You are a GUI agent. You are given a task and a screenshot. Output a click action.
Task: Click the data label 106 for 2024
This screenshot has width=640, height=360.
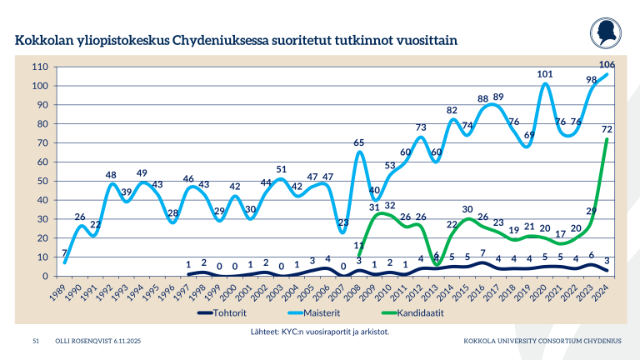tap(607, 65)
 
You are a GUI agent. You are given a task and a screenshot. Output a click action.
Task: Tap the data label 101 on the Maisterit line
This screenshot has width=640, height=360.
tap(545, 74)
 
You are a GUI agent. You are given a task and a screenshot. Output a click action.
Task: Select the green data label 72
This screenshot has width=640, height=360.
tap(607, 129)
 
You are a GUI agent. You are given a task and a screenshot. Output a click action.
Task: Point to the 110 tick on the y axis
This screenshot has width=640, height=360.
tap(38, 67)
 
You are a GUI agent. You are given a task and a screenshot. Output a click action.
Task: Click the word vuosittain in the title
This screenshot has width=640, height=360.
tap(420, 39)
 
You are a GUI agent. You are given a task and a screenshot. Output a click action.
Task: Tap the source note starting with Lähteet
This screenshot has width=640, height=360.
tap(320, 331)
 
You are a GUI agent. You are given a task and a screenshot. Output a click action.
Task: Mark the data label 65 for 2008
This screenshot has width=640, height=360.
tap(358, 142)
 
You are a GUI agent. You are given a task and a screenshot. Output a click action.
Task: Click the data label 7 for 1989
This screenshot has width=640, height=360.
tap(63, 253)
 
